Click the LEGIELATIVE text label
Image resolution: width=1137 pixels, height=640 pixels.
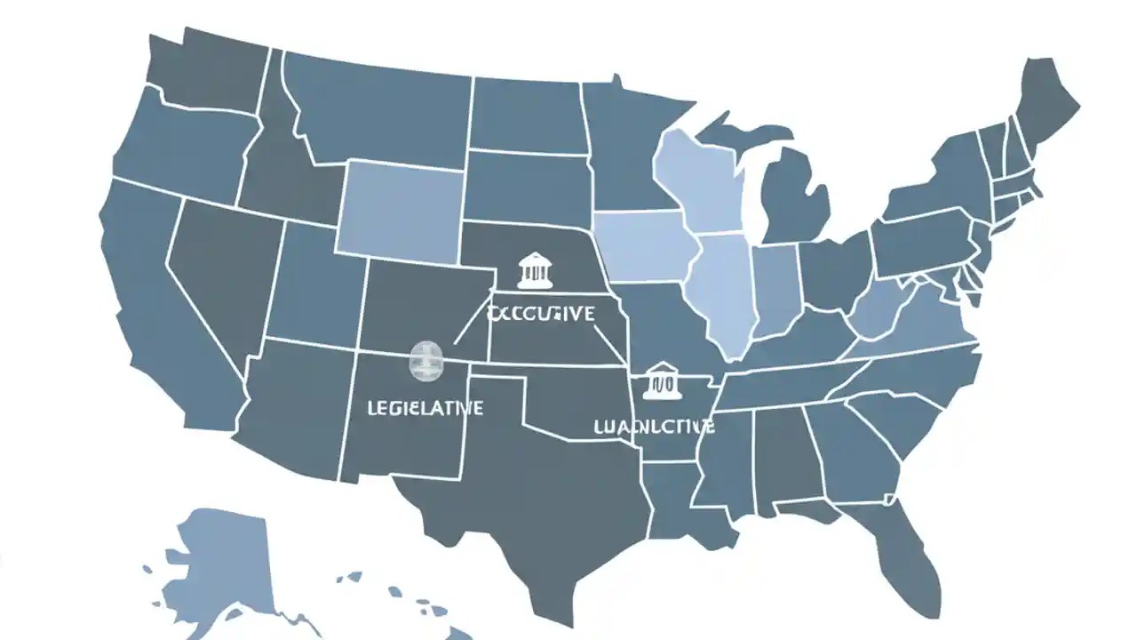click(425, 408)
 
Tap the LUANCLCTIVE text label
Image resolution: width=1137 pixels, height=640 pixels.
click(654, 427)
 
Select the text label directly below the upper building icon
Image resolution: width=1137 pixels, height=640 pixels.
click(542, 314)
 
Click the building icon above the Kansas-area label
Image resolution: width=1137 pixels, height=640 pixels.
click(535, 270)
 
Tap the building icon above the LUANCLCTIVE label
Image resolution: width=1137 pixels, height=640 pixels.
click(662, 380)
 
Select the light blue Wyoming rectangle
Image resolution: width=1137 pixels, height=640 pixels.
click(400, 209)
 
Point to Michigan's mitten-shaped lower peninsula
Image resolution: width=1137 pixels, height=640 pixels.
click(795, 196)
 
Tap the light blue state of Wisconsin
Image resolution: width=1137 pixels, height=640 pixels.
click(702, 178)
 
